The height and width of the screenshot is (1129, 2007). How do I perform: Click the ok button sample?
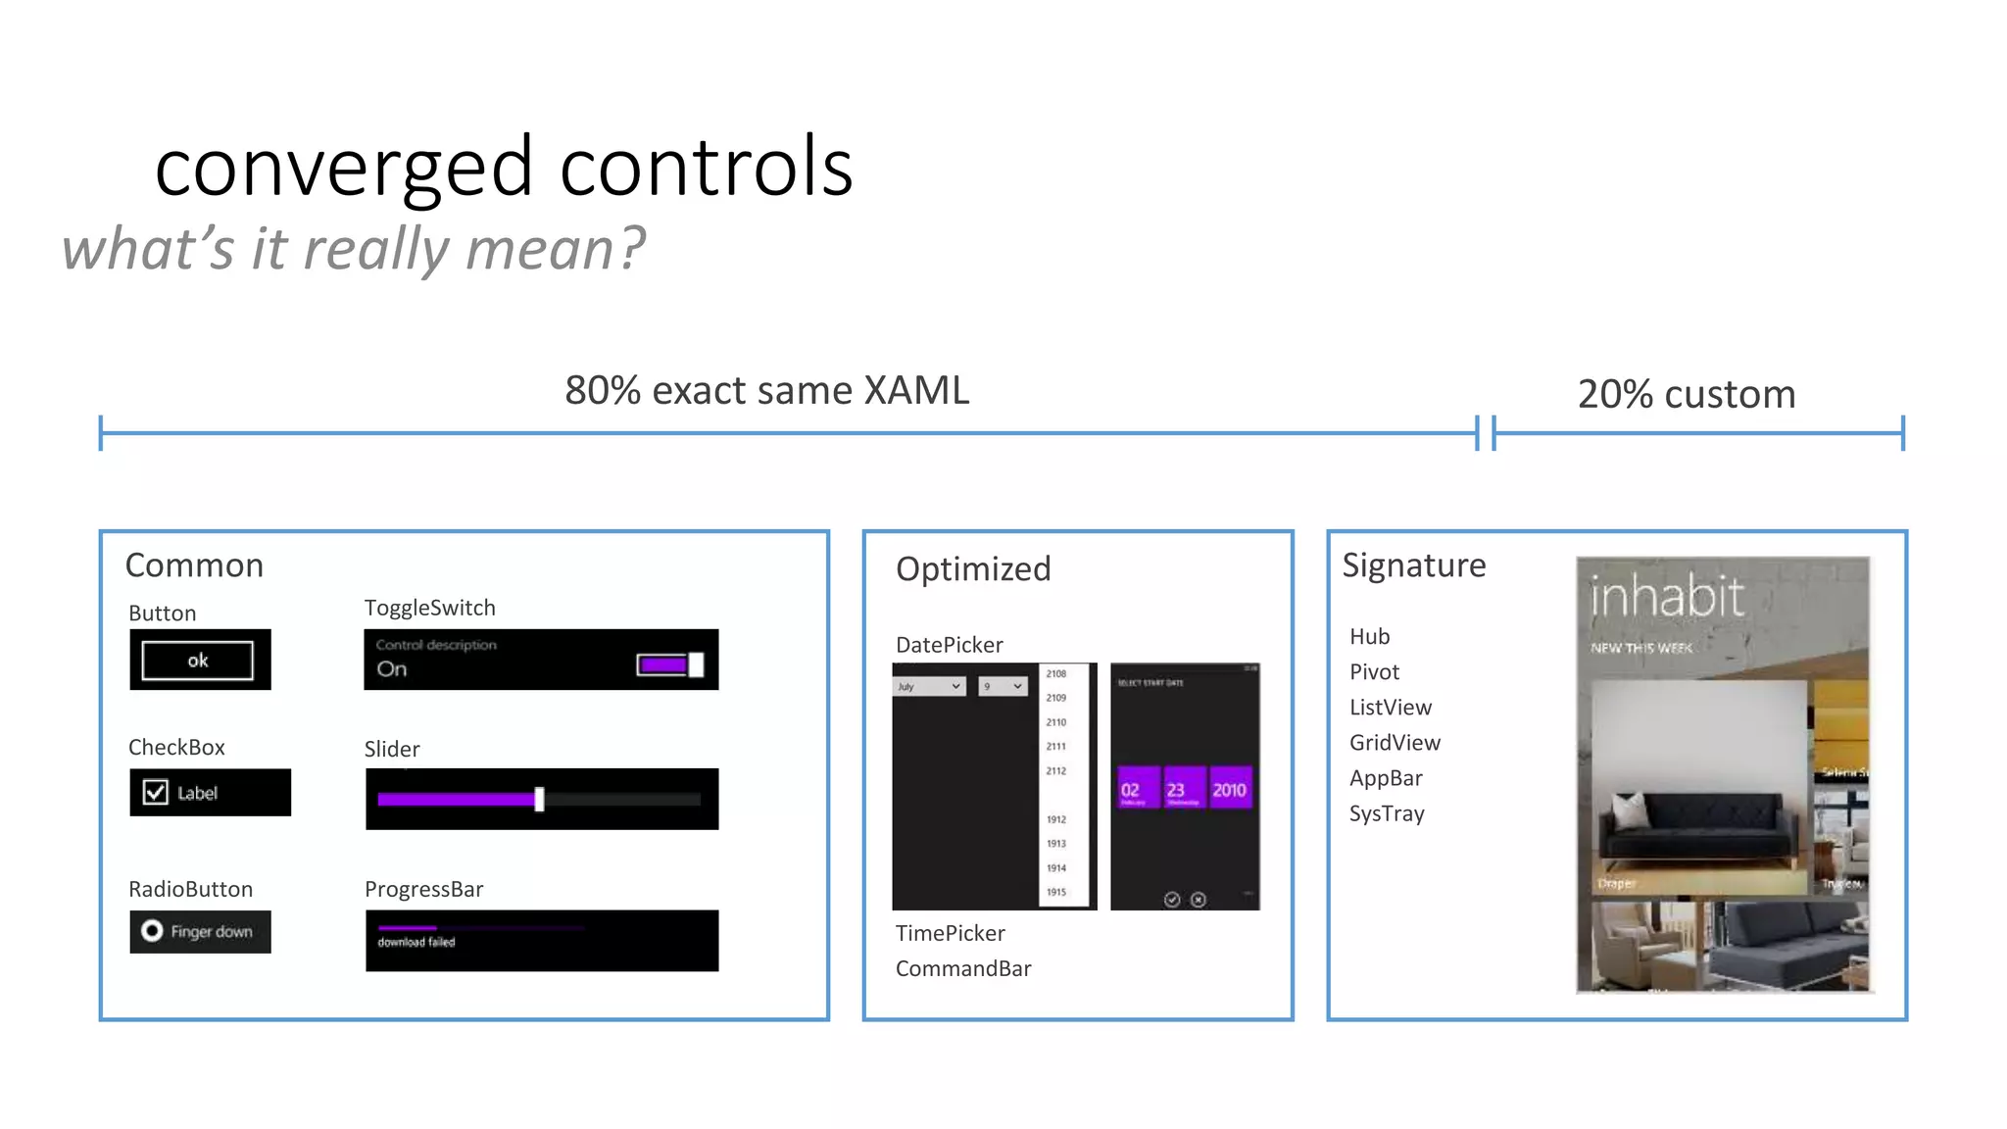coord(198,661)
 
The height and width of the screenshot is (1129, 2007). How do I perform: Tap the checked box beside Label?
coord(156,792)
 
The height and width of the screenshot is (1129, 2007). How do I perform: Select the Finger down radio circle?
coord(152,930)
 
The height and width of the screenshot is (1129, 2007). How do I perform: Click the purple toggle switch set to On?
coord(670,665)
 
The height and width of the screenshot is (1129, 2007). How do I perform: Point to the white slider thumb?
coord(539,799)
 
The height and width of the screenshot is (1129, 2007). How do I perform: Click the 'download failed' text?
coord(416,942)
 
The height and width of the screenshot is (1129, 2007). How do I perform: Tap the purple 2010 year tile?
coord(1229,789)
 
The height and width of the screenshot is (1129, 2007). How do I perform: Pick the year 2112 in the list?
coord(1056,771)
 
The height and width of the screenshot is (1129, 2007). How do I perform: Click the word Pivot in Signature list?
coord(1374,672)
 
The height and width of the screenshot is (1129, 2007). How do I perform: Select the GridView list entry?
coord(1395,743)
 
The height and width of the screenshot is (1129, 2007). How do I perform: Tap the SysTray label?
coord(1387,813)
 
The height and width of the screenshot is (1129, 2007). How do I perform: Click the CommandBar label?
coord(963,968)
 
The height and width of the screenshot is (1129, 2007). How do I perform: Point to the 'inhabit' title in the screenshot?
coord(1666,597)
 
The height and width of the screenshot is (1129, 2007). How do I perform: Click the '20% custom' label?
coord(1687,394)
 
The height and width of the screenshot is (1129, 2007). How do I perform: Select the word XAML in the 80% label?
coord(915,390)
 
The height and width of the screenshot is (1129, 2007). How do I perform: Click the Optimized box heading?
coord(973,568)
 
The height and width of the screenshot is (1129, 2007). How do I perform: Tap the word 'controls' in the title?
coord(706,167)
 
